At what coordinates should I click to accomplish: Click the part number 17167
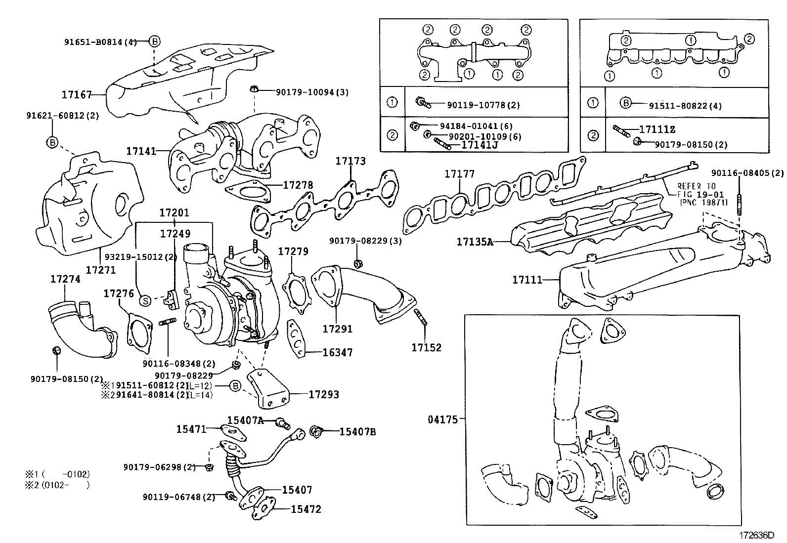coord(77,94)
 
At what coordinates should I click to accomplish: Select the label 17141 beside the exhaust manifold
coord(141,151)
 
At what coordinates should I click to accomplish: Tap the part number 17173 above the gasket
coord(350,161)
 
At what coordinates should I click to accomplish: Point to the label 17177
coord(459,174)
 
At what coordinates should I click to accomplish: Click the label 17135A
coord(475,242)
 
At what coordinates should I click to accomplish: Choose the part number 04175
coord(443,420)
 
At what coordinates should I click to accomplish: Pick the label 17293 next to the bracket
coord(324,394)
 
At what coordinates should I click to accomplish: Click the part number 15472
coord(306,509)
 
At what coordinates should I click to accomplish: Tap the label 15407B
coord(357,432)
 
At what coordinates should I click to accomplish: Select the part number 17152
coord(426,347)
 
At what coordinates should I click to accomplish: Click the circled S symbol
coord(145,300)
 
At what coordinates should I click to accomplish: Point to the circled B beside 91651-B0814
coord(154,42)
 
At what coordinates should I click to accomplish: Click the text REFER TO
coord(696,187)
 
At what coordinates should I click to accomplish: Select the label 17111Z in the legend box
coord(657,129)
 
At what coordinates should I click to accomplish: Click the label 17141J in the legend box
coord(479,145)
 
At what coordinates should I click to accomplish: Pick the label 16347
coord(337,352)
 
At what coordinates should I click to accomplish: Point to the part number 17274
coord(65,279)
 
